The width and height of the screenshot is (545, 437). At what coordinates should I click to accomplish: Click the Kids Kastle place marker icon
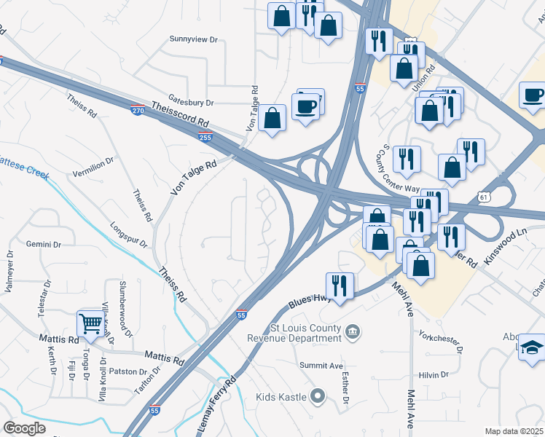(x=317, y=397)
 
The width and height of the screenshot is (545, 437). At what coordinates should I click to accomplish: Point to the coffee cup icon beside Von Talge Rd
(x=305, y=107)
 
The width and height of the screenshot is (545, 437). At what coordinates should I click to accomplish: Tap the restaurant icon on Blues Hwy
(x=339, y=284)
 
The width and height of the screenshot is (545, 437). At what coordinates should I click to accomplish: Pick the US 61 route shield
(x=485, y=197)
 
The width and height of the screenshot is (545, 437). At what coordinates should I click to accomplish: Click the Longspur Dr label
(x=128, y=234)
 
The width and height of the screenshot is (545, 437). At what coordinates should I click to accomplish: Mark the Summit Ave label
(x=321, y=365)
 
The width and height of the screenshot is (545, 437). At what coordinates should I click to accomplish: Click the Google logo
(x=26, y=428)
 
